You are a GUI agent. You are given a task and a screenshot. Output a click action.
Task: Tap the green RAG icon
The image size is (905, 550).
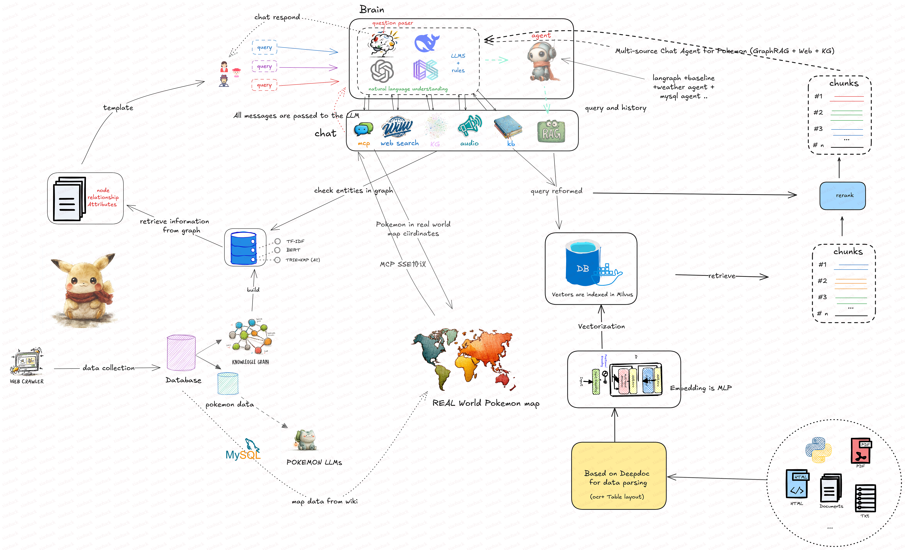(x=551, y=132)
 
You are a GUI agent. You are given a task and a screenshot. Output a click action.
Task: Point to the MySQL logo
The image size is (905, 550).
(x=243, y=450)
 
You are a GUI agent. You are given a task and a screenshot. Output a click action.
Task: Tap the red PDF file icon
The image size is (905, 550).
(x=861, y=451)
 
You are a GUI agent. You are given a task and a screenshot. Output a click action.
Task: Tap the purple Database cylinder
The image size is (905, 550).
(x=181, y=353)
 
